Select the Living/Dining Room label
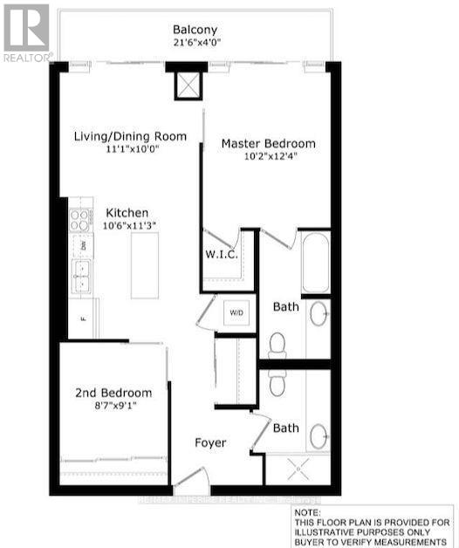(x=141, y=136)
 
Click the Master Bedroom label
(x=268, y=143)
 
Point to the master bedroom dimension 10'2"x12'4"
(x=268, y=157)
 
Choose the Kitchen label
(x=127, y=213)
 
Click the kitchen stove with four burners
(x=81, y=218)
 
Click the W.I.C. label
(x=217, y=256)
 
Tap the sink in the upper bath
(x=319, y=312)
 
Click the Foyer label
(x=209, y=443)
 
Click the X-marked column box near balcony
(x=187, y=86)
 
